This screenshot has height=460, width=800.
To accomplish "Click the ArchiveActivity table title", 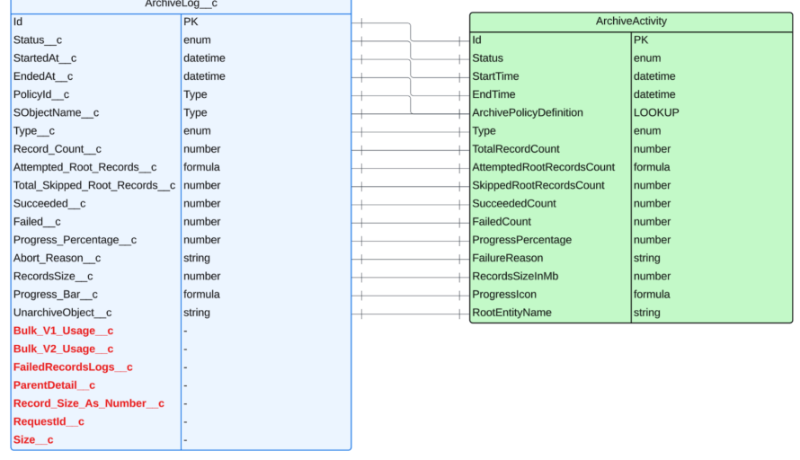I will (631, 22).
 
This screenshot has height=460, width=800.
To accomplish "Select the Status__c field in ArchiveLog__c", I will (38, 40).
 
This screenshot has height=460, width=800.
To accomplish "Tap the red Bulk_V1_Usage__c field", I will (63, 331).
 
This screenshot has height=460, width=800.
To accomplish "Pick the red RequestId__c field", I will (49, 421).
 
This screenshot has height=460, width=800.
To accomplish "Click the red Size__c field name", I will (33, 439).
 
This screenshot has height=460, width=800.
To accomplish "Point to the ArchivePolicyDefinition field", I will (528, 113).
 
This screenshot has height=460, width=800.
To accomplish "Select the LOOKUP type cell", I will (656, 113).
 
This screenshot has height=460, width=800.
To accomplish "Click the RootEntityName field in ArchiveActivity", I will (511, 313).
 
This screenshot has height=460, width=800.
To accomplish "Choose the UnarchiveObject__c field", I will (62, 313).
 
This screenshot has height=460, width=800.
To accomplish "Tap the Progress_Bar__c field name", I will (56, 295).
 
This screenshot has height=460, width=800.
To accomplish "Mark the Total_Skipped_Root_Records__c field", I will (94, 186).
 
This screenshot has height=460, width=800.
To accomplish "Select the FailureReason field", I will (507, 258).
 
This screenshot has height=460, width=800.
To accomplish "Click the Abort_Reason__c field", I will (57, 258).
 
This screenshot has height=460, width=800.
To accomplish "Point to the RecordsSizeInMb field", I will (515, 277).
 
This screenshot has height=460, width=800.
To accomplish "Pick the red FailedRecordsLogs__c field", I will (73, 367).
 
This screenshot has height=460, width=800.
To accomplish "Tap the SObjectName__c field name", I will (56, 113).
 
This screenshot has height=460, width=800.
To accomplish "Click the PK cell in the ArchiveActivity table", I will (641, 40).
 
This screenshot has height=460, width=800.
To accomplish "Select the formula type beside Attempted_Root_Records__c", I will (201, 167).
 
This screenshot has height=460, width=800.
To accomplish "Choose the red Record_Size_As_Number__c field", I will (88, 403).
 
